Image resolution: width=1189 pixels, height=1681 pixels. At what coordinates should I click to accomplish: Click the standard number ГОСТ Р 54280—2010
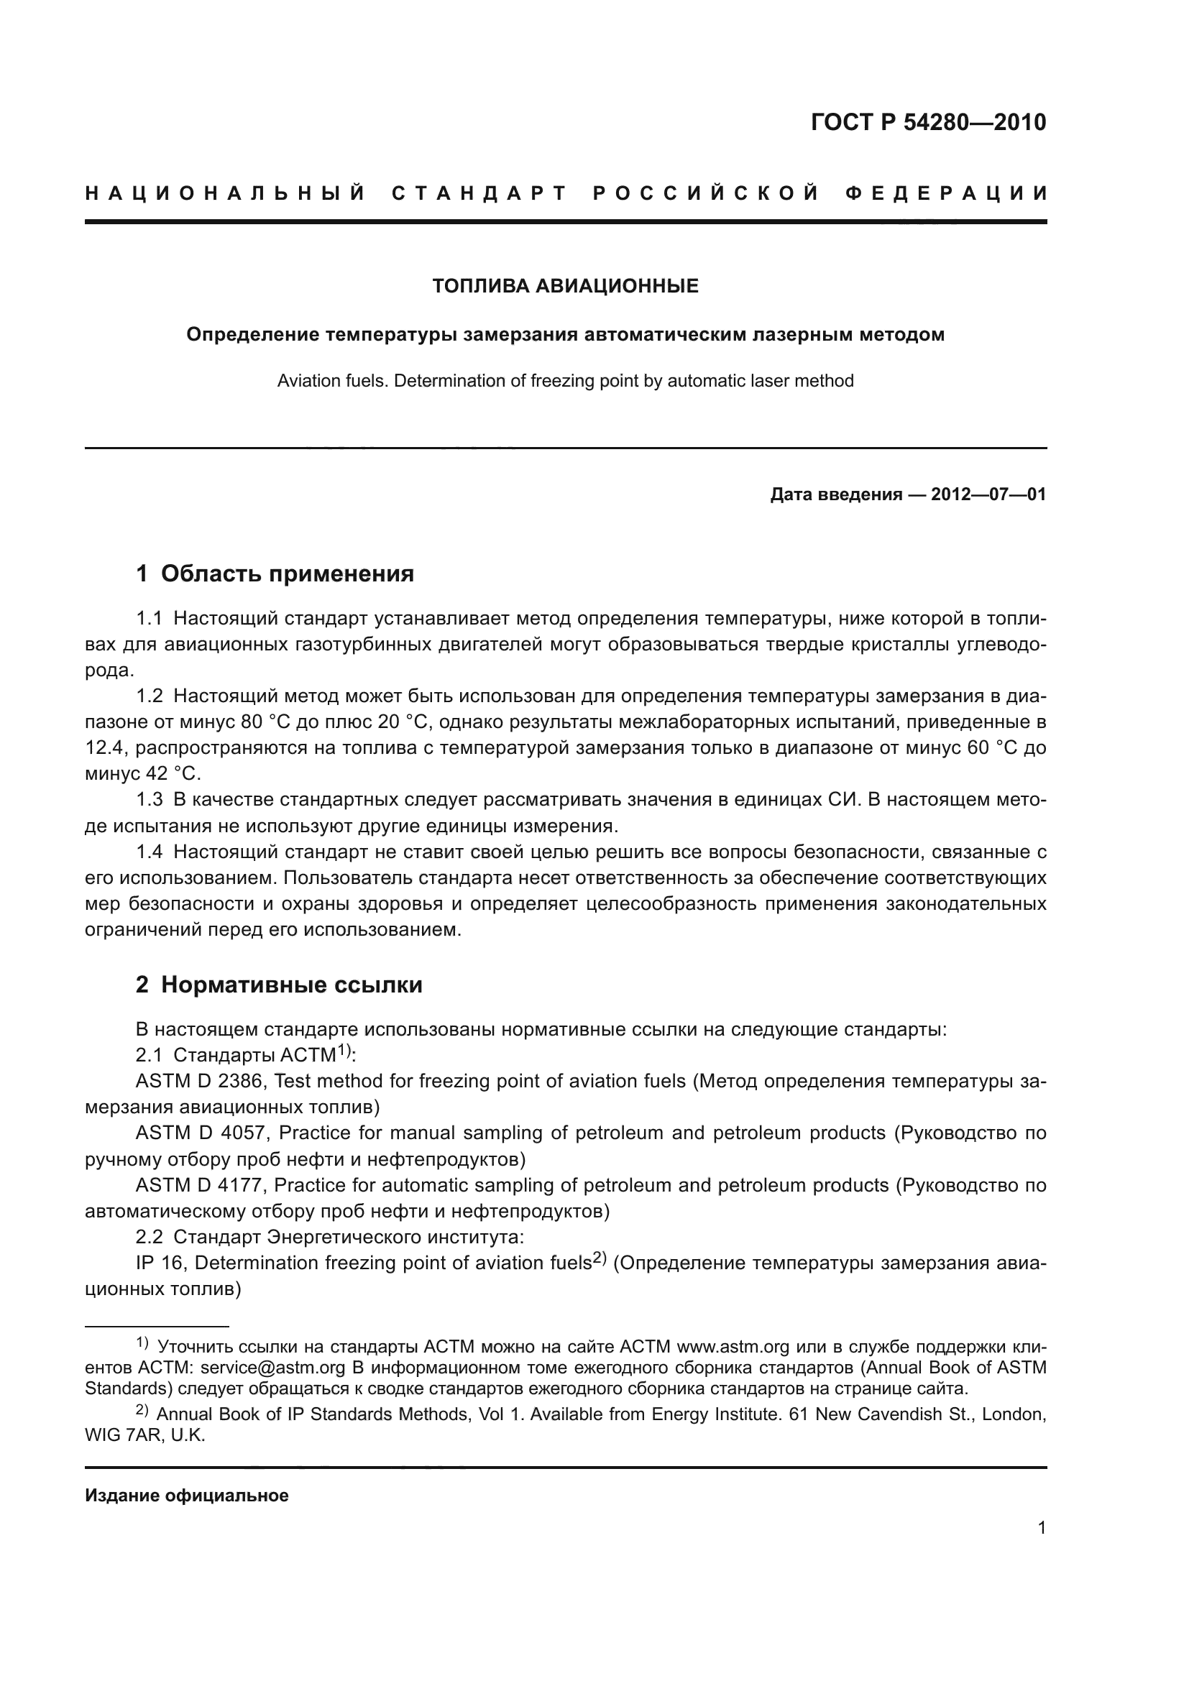tap(928, 122)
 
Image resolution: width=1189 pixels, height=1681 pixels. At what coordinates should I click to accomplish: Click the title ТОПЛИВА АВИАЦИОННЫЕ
tap(565, 286)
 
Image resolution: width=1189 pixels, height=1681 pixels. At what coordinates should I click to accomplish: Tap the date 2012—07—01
tap(988, 495)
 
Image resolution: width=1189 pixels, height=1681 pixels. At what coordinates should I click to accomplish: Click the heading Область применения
tap(287, 574)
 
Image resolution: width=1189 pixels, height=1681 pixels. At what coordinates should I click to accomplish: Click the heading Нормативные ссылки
tap(291, 985)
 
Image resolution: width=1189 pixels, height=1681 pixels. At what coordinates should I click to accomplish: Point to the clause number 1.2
tap(150, 696)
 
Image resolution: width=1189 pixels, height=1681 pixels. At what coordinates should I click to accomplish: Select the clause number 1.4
tap(150, 852)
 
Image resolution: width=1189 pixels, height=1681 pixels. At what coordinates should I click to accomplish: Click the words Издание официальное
tap(187, 1496)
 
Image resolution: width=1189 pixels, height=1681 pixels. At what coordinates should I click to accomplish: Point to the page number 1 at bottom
tap(1042, 1528)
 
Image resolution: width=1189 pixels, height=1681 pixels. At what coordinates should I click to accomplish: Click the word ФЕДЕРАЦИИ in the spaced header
tap(946, 194)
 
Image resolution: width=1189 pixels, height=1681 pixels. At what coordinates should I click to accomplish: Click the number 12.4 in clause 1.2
tap(106, 748)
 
